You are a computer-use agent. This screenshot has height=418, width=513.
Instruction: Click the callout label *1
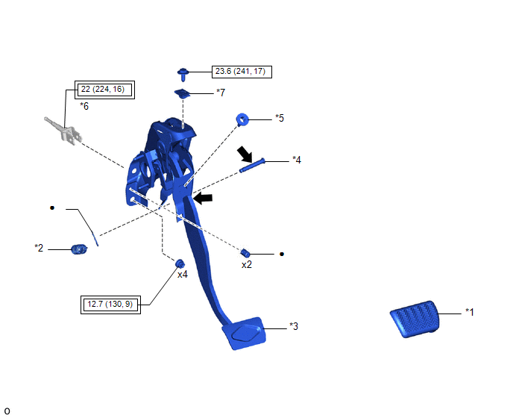[x=470, y=312]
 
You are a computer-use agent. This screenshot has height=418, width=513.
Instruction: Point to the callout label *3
[x=294, y=326]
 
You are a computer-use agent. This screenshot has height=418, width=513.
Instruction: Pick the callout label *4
[x=297, y=160]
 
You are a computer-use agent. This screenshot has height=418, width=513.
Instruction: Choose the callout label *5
[x=280, y=118]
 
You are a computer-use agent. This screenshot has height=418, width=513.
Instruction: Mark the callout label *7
[x=221, y=93]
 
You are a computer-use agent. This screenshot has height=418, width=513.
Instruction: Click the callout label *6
[x=84, y=106]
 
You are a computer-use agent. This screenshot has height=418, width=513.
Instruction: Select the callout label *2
[x=39, y=248]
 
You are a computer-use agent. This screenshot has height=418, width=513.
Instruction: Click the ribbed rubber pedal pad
[x=415, y=319]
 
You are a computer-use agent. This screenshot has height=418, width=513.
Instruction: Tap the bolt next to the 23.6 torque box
[x=183, y=75]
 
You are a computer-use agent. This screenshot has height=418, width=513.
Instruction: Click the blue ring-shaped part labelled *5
[x=242, y=119]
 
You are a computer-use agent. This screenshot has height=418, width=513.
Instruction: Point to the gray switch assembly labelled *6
[x=63, y=131]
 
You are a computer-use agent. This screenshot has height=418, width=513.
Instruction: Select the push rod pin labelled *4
[x=252, y=166]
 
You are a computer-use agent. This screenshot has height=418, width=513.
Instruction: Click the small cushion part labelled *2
[x=79, y=249]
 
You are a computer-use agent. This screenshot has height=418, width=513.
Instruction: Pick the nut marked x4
[x=180, y=263]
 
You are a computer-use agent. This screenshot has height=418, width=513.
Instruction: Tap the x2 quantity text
[x=247, y=265]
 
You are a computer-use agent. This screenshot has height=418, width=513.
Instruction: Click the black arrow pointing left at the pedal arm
[x=203, y=199]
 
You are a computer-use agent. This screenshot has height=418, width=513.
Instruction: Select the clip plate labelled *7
[x=183, y=94]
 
